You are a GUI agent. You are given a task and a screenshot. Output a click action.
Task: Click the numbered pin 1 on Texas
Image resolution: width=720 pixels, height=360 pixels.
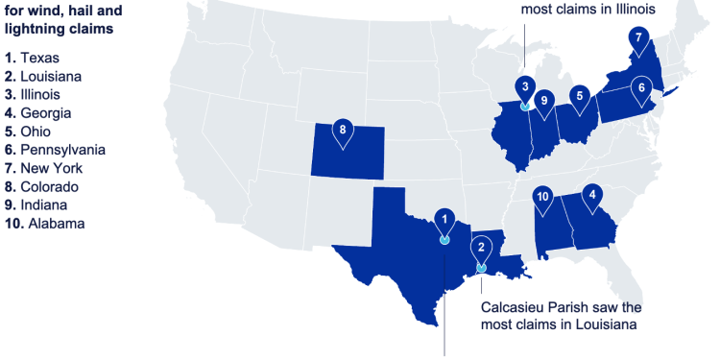pos(444,220)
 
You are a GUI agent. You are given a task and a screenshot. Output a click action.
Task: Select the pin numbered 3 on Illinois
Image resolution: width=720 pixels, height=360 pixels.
pos(524,87)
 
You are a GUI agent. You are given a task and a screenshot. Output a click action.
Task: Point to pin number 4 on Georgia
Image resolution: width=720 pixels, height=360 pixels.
pos(592,194)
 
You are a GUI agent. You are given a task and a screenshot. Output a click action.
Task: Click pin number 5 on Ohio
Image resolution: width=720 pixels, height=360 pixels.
pos(579,96)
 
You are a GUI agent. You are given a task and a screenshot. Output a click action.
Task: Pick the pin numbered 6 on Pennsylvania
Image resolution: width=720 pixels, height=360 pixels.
pos(640,87)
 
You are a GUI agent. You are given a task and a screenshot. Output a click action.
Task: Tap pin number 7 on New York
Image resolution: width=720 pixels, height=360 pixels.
pos(638,39)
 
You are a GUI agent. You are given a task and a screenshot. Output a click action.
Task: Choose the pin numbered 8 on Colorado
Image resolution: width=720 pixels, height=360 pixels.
pos(342,130)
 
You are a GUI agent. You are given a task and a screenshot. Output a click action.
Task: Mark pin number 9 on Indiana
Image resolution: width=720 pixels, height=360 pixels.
pos(543,100)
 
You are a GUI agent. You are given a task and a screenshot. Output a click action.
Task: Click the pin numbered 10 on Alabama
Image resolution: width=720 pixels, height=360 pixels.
pos(543,197)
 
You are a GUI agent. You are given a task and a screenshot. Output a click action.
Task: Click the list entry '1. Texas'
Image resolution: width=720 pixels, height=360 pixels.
pos(32,58)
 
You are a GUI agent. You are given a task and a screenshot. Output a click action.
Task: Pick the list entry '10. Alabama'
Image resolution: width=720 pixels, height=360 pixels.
pos(44,224)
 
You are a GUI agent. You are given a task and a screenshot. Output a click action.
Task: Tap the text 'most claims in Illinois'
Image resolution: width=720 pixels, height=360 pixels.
pos(588,10)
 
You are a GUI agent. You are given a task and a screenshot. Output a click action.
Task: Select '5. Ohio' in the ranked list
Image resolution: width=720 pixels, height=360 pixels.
pos(28,132)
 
